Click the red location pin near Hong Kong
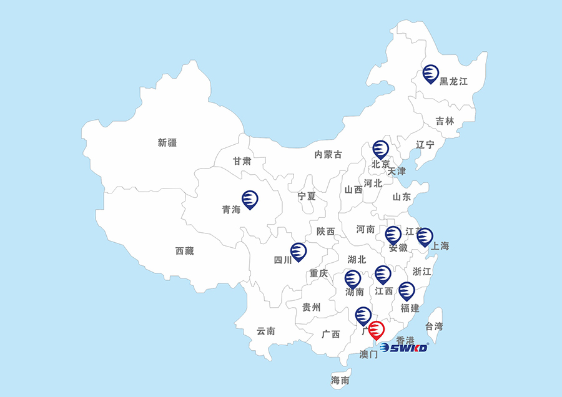coord(376,329)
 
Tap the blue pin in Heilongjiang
coord(430,74)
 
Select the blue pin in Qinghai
coord(250,199)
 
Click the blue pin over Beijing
coord(380,149)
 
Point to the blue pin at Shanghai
coord(425,237)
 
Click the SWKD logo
coord(403,348)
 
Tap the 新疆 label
coord(167,142)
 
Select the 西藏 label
coord(184,251)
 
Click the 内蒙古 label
coord(328,154)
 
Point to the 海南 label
coord(340,380)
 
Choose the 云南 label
coord(266,331)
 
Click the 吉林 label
coord(445,121)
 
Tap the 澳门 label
coord(369,355)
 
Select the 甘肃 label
coord(242,161)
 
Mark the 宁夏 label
coord(307,196)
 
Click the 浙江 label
coord(422,272)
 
